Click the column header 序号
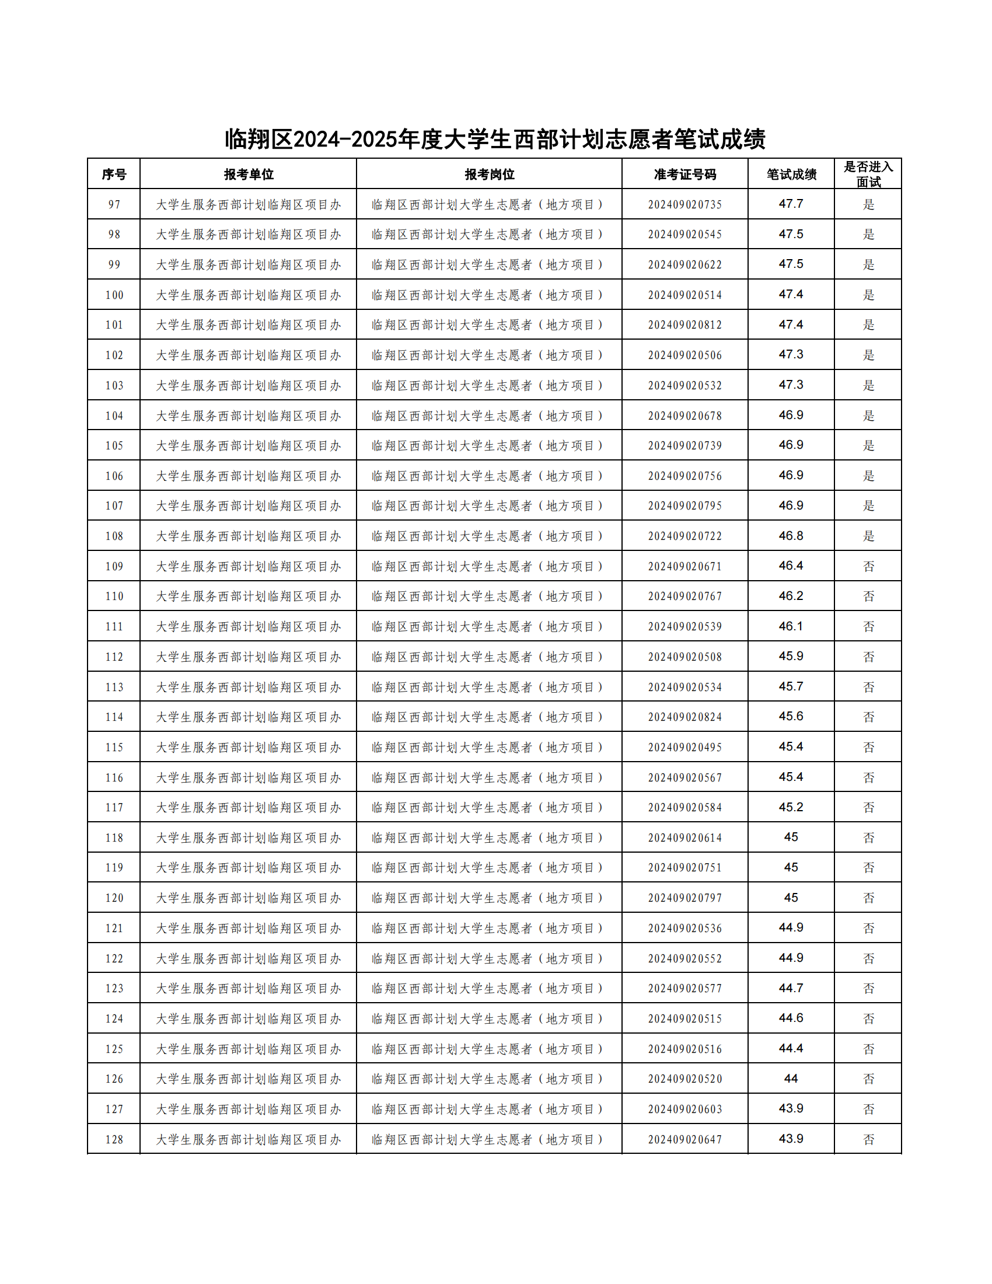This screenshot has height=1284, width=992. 113,174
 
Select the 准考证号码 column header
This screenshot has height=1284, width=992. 684,174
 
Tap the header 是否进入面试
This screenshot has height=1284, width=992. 868,174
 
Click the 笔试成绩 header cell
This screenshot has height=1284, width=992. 791,174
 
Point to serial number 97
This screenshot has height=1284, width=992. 113,205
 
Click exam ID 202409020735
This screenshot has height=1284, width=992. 684,205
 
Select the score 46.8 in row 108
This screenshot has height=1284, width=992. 791,536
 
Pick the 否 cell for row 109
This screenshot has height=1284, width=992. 868,566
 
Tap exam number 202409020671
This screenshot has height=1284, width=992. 684,566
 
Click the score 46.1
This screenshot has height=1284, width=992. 791,626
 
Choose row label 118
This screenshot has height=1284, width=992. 113,838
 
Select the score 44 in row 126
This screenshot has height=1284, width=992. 791,1079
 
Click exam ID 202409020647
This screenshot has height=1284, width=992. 684,1139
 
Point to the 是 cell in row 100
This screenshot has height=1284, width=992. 868,295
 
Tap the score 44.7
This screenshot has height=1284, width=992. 791,988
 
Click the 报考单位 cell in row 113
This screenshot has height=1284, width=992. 248,687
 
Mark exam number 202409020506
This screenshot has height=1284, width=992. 684,355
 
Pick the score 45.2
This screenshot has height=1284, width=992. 791,807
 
